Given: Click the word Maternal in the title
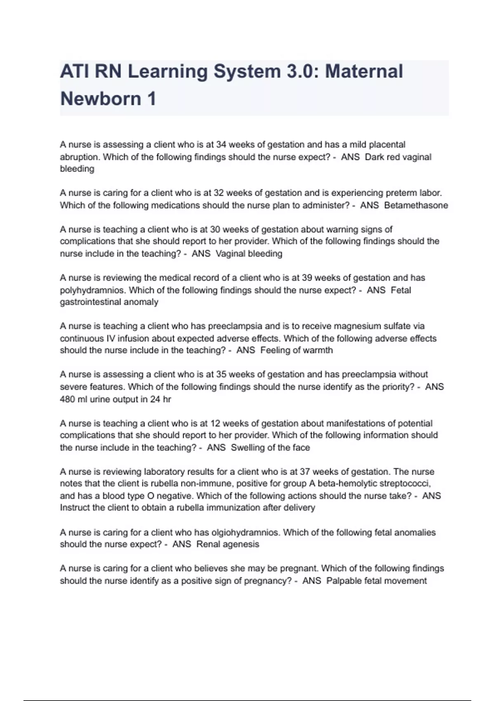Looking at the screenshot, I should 364,71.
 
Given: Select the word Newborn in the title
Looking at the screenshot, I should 100,99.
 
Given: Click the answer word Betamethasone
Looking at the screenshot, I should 416,205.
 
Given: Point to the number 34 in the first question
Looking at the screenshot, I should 221,145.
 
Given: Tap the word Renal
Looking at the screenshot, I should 208,544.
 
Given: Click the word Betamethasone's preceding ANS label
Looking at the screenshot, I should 369,205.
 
